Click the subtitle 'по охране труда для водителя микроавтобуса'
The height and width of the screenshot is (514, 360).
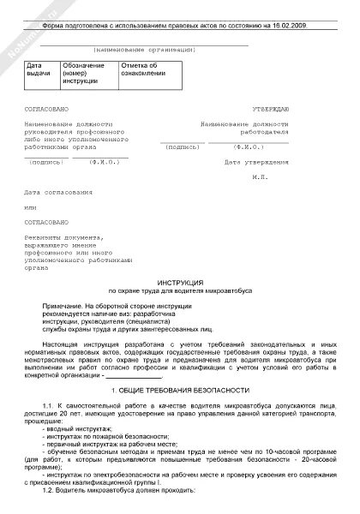[x=180, y=291]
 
